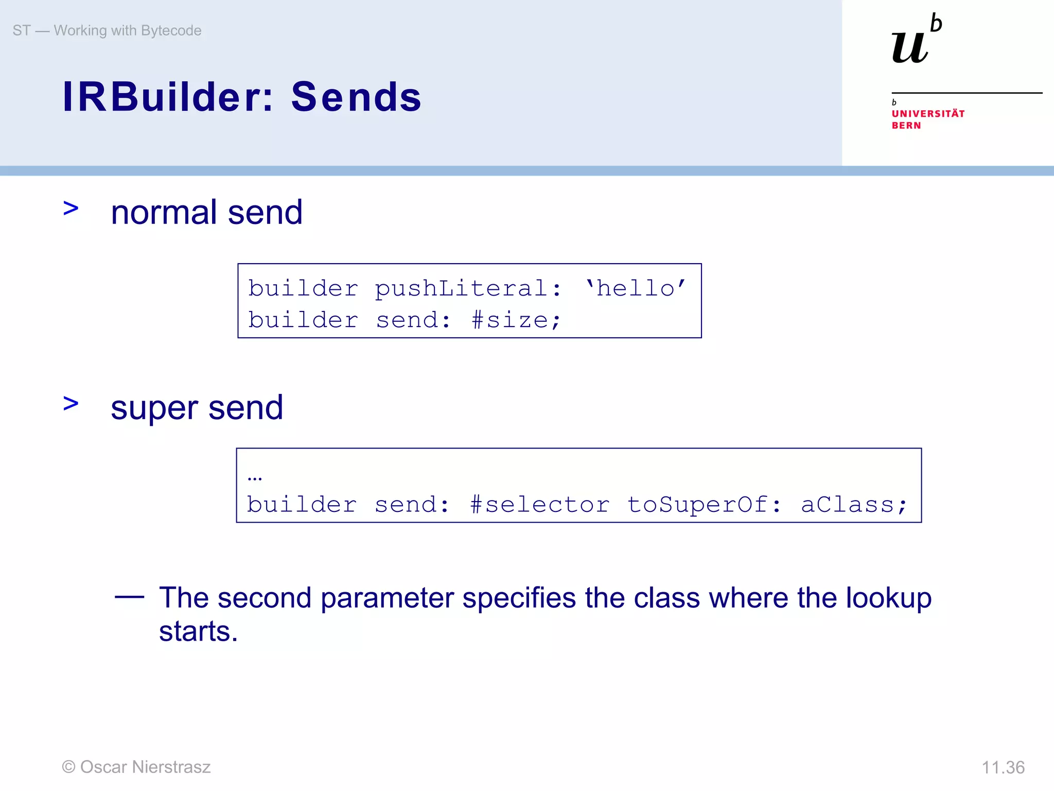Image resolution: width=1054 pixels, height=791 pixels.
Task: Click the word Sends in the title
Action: [356, 97]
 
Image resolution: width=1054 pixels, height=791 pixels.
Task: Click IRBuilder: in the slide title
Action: [168, 97]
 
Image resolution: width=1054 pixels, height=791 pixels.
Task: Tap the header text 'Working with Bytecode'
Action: [127, 30]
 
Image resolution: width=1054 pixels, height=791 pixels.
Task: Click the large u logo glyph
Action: [909, 47]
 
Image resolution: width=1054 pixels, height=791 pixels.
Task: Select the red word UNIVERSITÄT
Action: [928, 113]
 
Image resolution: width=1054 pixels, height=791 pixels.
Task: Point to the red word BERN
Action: [906, 126]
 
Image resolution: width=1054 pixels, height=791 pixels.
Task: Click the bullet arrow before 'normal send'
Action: [71, 209]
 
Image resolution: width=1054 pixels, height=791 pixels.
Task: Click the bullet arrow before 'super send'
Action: [71, 403]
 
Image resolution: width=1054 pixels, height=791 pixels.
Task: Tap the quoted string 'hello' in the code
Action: [636, 288]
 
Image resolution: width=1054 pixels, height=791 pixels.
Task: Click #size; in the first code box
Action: [516, 320]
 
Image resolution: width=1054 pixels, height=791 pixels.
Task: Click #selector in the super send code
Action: [539, 505]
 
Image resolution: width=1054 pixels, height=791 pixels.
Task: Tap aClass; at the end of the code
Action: [854, 505]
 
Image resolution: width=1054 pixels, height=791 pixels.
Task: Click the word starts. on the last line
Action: [198, 631]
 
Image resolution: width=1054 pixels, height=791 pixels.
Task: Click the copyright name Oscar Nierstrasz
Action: [145, 767]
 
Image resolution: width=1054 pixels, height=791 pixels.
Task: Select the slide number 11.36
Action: [1003, 767]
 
